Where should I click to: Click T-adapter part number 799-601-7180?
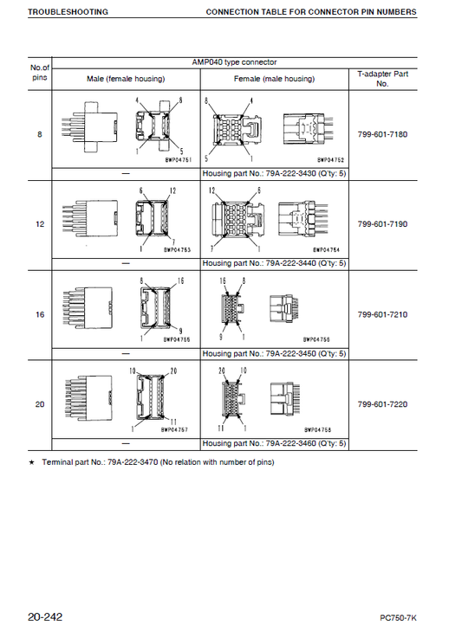tap(382, 134)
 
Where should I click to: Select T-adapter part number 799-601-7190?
tap(382, 224)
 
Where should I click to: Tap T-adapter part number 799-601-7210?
tap(382, 314)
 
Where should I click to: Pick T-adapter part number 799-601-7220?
tap(382, 404)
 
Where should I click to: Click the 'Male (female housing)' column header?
tap(126, 79)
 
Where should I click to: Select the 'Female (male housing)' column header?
tap(274, 79)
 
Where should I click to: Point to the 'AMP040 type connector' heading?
tap(234, 62)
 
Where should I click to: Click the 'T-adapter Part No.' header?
tap(382, 79)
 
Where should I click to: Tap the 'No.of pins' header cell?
tap(40, 73)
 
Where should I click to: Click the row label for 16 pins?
tap(40, 314)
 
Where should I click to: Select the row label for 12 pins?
tap(40, 224)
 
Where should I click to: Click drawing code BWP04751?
tap(179, 160)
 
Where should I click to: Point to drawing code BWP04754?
tap(326, 250)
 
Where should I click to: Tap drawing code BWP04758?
tap(318, 429)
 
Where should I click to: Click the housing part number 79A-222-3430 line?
tap(274, 174)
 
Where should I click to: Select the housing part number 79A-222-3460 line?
tap(274, 443)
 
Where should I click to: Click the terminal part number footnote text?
tap(158, 462)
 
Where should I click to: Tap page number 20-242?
tap(45, 617)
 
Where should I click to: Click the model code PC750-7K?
tap(398, 618)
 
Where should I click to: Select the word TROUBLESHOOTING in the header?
tap(68, 12)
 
